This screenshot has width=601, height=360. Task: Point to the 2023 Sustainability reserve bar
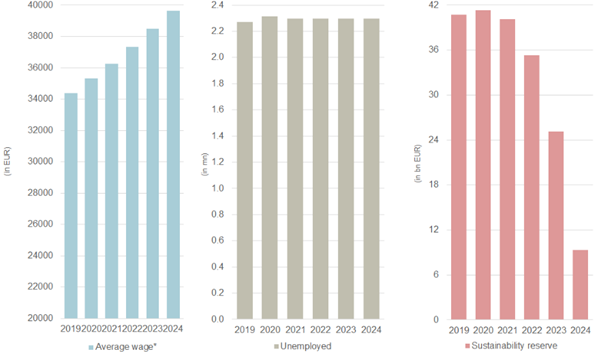pos(556,226)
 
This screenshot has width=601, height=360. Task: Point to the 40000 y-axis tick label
pos(40,6)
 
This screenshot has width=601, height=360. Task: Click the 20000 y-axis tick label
pos(40,319)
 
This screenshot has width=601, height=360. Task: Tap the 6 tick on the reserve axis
pos(435,275)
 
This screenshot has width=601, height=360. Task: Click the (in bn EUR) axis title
pos(416,162)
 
